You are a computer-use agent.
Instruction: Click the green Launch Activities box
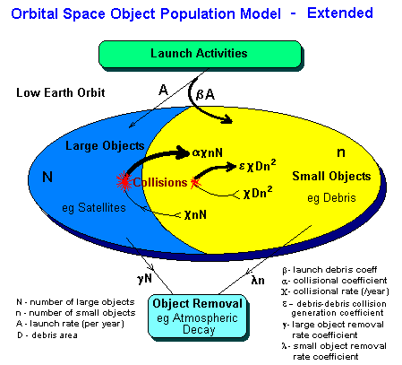point(198,54)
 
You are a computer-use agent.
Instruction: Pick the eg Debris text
point(332,196)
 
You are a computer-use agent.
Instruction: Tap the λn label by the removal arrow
point(258,281)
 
